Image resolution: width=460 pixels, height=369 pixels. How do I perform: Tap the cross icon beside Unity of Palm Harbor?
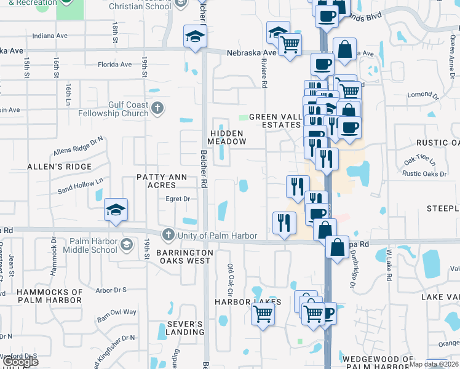click(168, 235)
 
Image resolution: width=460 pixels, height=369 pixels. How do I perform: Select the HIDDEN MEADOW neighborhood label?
click(226, 137)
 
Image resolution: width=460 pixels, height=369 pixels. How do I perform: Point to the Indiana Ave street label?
click(50, 36)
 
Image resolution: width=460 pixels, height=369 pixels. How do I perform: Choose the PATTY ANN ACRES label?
click(161, 181)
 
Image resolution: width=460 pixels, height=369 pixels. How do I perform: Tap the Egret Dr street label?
click(178, 199)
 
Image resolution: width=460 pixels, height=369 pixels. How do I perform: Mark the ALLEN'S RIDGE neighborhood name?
click(59, 167)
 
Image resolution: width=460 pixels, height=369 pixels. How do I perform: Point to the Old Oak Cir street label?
click(231, 279)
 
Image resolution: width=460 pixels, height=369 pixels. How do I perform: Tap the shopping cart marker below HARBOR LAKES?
click(263, 314)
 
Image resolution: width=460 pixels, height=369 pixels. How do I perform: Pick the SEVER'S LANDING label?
click(185, 328)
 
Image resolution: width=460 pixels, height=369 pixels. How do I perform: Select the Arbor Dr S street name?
click(111, 290)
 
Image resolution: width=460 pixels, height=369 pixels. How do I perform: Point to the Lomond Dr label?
click(424, 95)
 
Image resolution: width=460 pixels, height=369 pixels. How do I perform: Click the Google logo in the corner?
click(20, 362)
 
